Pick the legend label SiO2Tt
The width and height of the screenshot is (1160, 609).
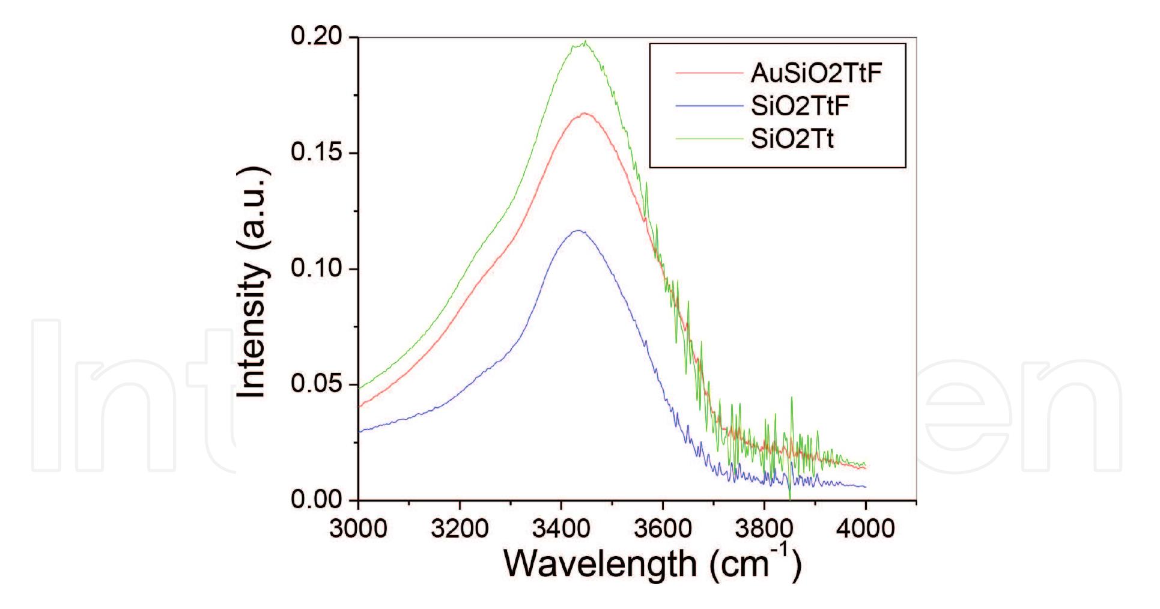pos(792,139)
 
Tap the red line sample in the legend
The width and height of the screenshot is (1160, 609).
pos(709,73)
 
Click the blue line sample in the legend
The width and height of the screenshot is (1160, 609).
pos(709,106)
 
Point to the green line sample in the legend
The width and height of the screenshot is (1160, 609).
pos(709,139)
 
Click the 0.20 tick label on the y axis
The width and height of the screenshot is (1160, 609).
pos(316,37)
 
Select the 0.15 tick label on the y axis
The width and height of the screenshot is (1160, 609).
pos(316,153)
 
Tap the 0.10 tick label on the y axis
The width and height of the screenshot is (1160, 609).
pos(316,268)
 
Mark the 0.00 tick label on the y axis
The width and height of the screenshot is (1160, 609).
pos(316,500)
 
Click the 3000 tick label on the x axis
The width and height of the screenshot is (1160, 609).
pos(358,529)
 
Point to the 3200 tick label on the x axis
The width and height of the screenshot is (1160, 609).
pos(460,529)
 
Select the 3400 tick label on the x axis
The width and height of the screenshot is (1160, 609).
pos(561,529)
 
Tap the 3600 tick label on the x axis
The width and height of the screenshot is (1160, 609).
pos(663,529)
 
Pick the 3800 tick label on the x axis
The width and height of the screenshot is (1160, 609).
pos(764,529)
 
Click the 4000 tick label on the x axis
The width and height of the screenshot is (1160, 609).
pos(866,529)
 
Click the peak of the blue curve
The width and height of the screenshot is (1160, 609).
pos(578,230)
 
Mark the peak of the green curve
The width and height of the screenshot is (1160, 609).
pos(585,41)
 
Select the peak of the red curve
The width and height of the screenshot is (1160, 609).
pos(584,112)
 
